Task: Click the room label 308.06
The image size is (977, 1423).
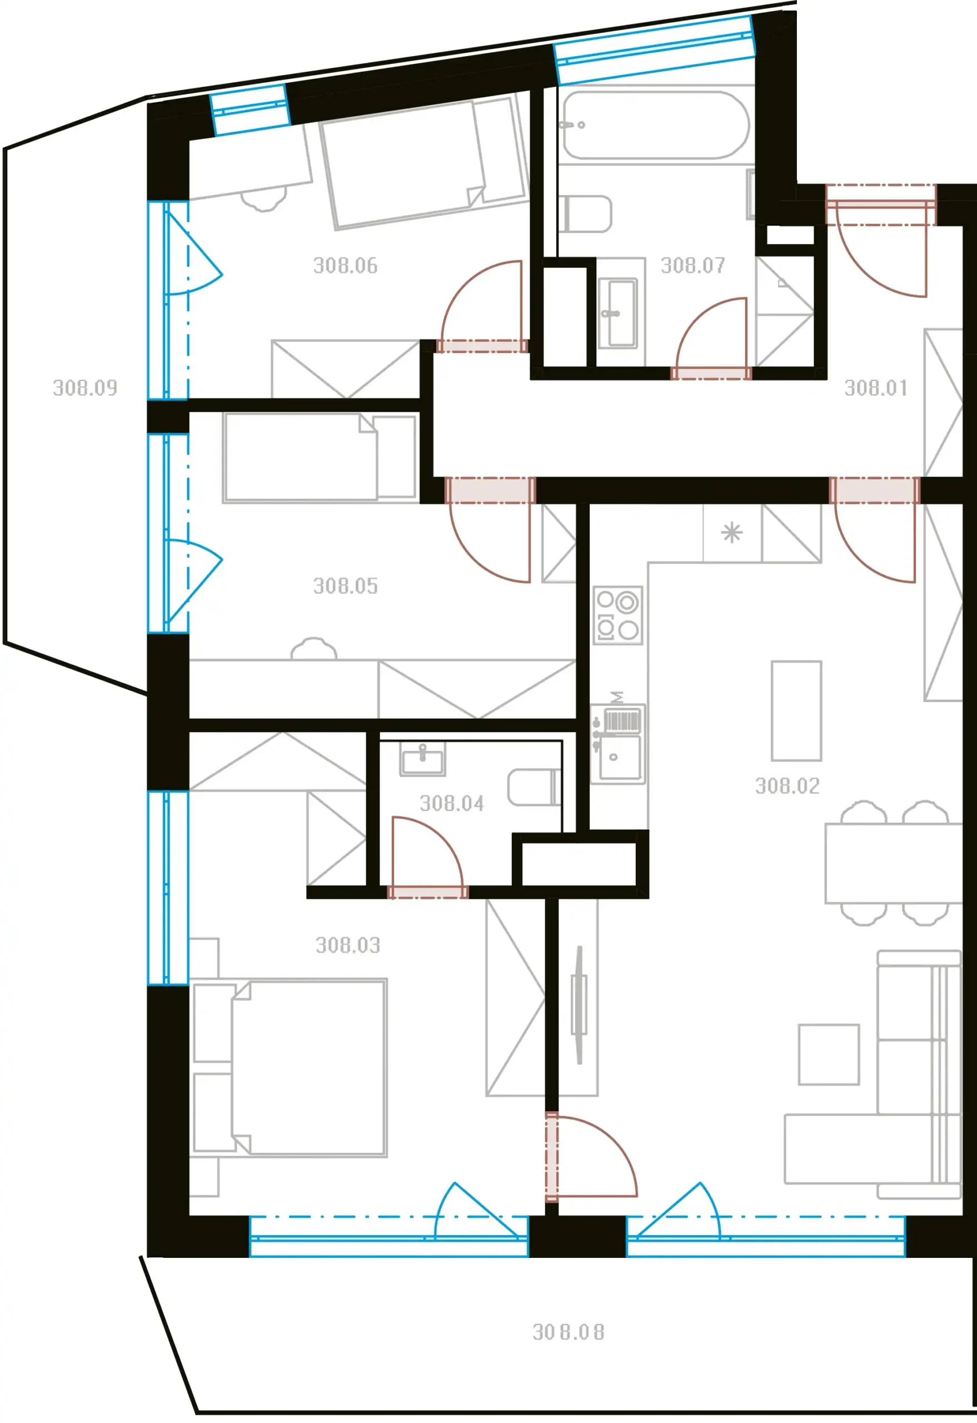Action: pyautogui.click(x=345, y=265)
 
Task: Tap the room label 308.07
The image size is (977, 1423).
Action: pyautogui.click(x=693, y=265)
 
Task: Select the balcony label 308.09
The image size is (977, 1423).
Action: pyautogui.click(x=84, y=387)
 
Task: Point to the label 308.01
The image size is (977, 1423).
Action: pyautogui.click(x=876, y=387)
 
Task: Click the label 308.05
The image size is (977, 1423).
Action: pyautogui.click(x=345, y=586)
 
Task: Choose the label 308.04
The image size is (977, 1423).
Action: pyautogui.click(x=452, y=803)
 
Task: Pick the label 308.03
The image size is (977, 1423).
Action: pyautogui.click(x=348, y=946)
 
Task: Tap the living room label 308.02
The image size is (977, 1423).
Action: pyautogui.click(x=787, y=786)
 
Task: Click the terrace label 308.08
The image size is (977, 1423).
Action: pyautogui.click(x=568, y=1332)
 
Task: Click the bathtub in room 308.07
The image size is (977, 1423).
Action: pyautogui.click(x=656, y=125)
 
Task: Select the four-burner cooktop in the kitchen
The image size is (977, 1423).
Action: pyautogui.click(x=617, y=615)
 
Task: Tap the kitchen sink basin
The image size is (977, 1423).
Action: pyautogui.click(x=620, y=758)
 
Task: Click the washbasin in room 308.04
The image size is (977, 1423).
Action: pyautogui.click(x=422, y=759)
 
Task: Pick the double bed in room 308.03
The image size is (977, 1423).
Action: pyautogui.click(x=289, y=1068)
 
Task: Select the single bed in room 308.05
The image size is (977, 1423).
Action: pyautogui.click(x=320, y=458)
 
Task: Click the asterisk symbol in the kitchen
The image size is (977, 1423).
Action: pyautogui.click(x=731, y=533)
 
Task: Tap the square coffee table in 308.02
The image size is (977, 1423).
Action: pyautogui.click(x=829, y=1054)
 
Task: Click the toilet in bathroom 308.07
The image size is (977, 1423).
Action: pyautogui.click(x=585, y=213)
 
